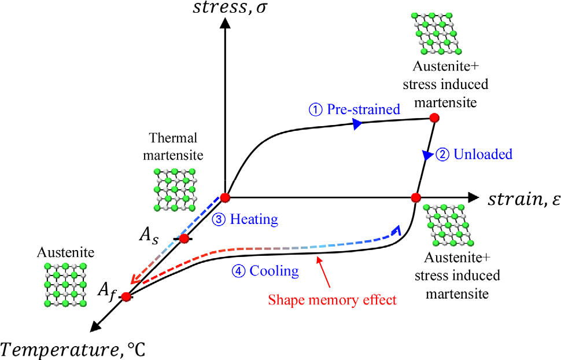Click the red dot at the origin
point(225,198)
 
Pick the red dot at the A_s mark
point(184,238)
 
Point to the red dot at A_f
point(126,297)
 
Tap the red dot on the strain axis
point(415,198)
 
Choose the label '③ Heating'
point(244,220)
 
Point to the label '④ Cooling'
point(265,270)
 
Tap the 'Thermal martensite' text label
point(173,146)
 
